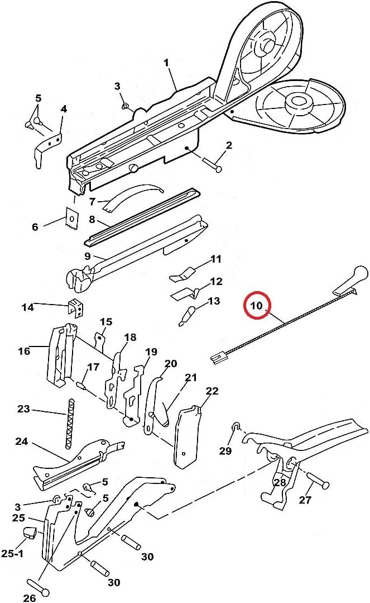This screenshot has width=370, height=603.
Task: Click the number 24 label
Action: coord(21,441)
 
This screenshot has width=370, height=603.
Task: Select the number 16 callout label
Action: coord(24,351)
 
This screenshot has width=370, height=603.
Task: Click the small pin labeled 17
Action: coord(81,384)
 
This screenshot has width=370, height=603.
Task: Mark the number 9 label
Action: coord(88,257)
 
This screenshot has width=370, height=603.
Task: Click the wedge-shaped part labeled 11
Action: coord(182,274)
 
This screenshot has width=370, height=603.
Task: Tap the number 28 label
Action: coord(280,483)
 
